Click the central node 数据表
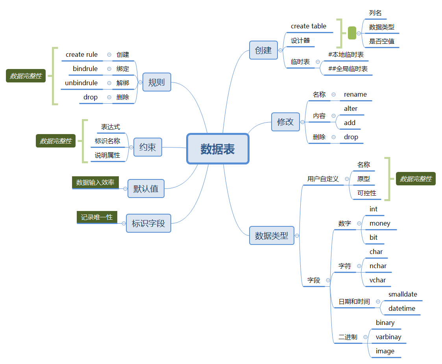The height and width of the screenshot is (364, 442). (218, 149)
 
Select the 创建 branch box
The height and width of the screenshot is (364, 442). (263, 50)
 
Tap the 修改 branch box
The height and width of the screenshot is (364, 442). (285, 121)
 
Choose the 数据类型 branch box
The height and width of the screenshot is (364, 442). (272, 235)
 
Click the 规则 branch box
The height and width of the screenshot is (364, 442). (157, 82)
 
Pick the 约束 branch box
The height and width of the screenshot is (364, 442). (148, 147)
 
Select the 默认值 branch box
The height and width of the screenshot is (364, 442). (146, 189)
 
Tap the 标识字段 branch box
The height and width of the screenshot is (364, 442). (148, 223)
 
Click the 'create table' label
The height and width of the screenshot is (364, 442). (309, 26)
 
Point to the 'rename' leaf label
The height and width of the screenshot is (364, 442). (355, 94)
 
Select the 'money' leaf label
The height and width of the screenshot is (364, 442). (380, 223)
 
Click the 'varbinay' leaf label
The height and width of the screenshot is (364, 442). (388, 337)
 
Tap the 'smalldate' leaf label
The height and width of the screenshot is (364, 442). (403, 294)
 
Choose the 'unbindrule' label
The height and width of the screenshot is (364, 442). (81, 83)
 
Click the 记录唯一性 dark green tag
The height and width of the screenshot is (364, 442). (97, 217)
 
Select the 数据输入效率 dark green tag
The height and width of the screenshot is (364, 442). (95, 182)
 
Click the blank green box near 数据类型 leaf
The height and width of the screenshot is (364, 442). (352, 33)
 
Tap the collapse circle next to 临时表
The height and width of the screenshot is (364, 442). (318, 62)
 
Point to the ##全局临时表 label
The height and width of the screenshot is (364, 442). (348, 69)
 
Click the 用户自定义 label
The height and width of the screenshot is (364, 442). (323, 179)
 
